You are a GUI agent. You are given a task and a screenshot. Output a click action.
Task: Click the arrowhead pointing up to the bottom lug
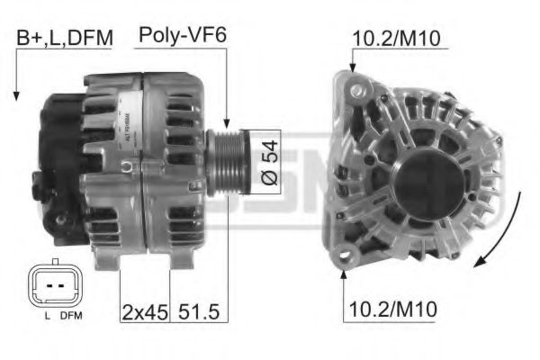[345, 274]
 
